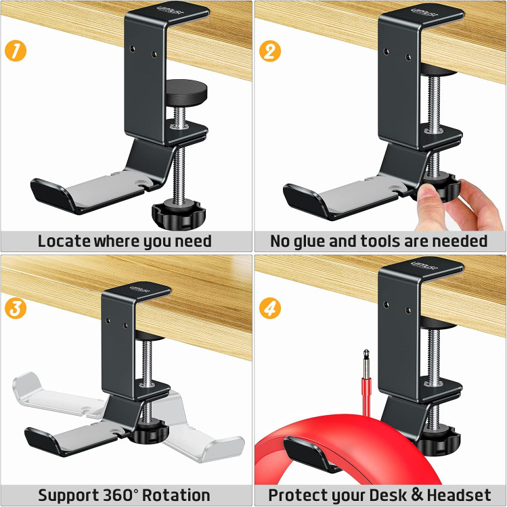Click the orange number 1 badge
[16, 51]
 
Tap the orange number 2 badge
[270, 51]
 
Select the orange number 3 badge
[16, 308]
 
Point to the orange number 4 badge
[270, 308]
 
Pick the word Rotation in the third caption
[176, 495]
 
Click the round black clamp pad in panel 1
[186, 92]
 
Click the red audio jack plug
[366, 383]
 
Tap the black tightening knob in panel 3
[149, 433]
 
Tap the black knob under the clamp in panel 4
[439, 442]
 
